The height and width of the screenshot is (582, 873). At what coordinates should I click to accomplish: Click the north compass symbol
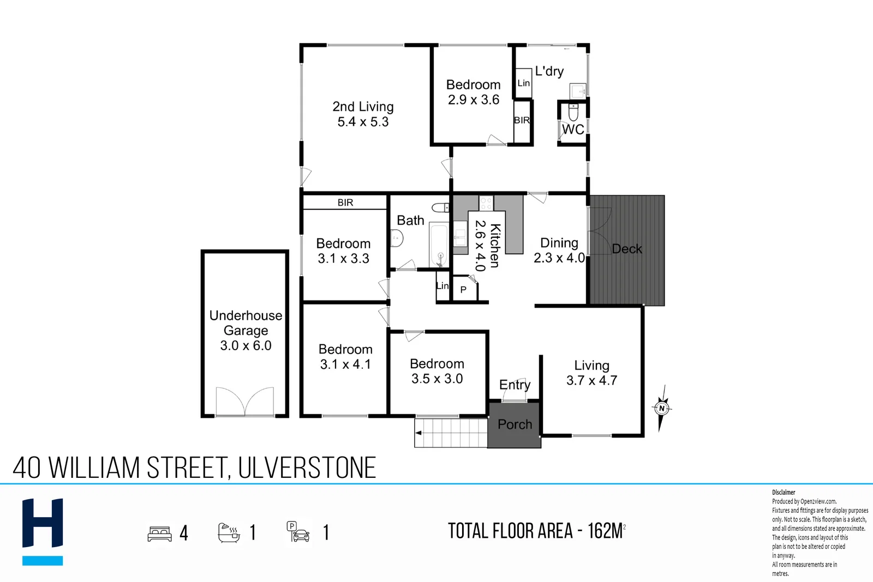(662, 408)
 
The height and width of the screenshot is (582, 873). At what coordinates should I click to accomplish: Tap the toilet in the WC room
(573, 112)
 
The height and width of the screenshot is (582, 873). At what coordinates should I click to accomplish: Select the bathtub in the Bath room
(439, 245)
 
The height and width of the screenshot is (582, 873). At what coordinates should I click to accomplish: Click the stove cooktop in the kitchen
(486, 203)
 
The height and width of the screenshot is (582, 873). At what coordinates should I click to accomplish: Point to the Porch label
(515, 424)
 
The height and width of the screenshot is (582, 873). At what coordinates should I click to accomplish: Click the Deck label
(627, 249)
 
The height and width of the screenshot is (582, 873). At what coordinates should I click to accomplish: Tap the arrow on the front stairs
(418, 433)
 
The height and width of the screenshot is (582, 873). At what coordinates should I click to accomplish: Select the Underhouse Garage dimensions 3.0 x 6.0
(246, 345)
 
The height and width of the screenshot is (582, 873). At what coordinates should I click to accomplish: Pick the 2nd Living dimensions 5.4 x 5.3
(363, 122)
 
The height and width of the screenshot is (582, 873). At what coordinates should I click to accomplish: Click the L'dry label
(549, 71)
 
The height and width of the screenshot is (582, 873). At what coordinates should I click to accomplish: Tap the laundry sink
(578, 91)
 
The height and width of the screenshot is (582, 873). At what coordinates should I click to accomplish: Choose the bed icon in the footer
(159, 533)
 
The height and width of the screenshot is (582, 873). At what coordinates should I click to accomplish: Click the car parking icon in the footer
(298, 532)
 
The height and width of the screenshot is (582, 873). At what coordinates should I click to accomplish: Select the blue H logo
(43, 531)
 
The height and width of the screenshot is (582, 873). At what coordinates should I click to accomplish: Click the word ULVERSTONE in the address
(307, 467)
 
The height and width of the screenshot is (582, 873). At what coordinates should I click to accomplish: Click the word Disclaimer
(784, 493)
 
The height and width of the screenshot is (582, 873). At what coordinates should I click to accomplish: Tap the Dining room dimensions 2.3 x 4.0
(559, 257)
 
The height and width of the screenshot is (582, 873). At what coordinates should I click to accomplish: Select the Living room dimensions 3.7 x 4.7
(591, 380)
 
